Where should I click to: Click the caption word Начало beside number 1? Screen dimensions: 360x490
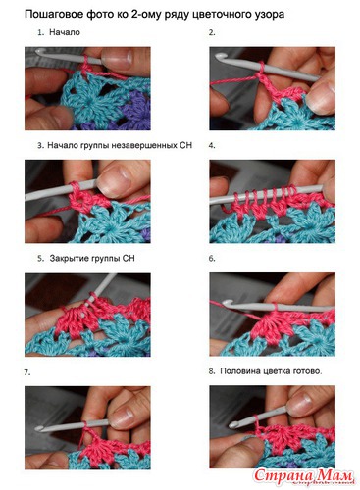click(x=65, y=32)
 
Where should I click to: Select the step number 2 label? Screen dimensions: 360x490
click(x=212, y=32)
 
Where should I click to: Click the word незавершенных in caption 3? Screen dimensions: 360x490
click(x=144, y=145)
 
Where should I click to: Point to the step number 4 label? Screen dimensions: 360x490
click(x=212, y=145)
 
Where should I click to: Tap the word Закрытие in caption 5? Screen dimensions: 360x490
click(x=67, y=259)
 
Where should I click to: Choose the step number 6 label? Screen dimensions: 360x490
click(x=212, y=258)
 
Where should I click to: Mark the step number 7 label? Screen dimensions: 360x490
click(x=27, y=372)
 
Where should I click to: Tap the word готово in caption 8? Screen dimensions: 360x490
click(x=307, y=371)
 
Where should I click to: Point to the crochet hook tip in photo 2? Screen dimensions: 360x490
click(x=220, y=57)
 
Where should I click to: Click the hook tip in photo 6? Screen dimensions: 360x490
click(x=228, y=304)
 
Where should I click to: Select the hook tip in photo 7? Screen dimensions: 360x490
click(x=39, y=428)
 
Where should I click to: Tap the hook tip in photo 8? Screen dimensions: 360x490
click(x=233, y=425)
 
